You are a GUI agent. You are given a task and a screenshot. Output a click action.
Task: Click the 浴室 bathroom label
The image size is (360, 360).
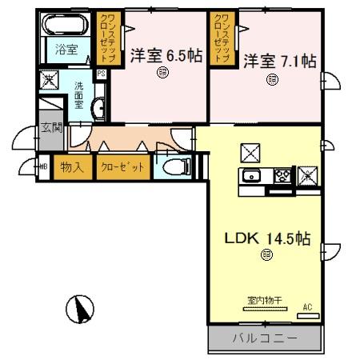(66, 49)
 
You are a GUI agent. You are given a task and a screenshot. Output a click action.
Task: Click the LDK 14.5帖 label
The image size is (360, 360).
(266, 238)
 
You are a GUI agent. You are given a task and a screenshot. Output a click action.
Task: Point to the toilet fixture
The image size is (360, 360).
(177, 166)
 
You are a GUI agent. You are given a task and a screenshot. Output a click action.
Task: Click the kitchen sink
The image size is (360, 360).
(250, 175)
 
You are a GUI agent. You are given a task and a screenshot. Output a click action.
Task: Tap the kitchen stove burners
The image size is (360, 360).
(283, 175)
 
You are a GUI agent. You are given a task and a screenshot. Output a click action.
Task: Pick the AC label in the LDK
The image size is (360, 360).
(307, 306)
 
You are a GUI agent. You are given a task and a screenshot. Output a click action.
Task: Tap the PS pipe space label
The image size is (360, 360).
(101, 74)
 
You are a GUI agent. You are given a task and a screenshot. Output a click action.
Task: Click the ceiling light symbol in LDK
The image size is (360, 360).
(266, 254)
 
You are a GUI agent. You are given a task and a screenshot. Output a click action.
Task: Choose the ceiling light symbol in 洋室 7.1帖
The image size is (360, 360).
(273, 78)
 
